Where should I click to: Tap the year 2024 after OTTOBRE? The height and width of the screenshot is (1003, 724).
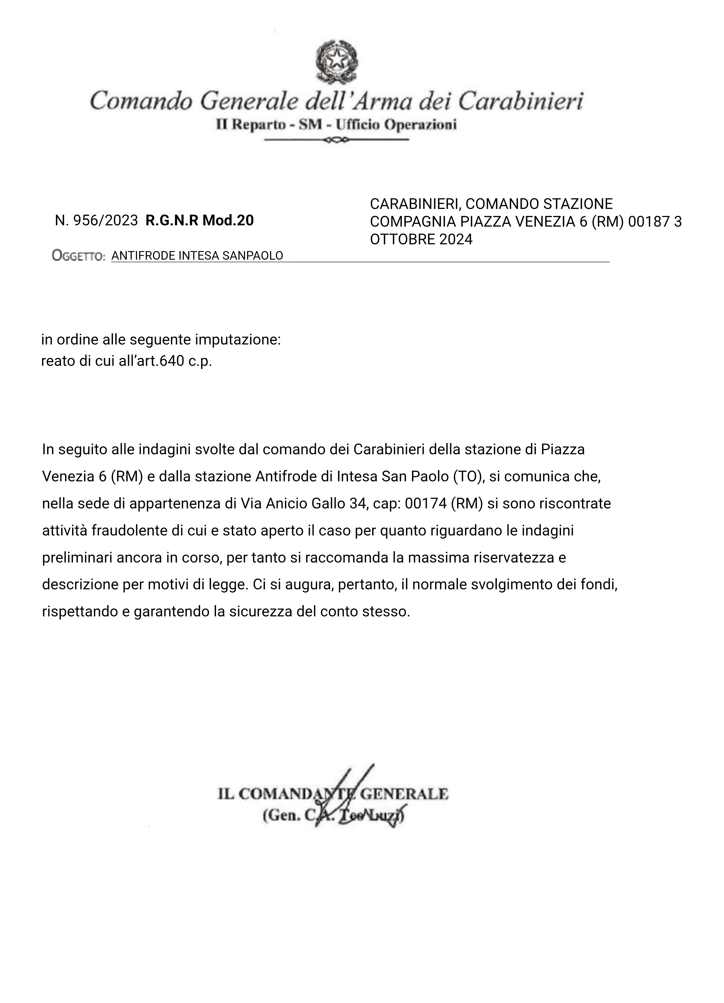coord(456,239)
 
